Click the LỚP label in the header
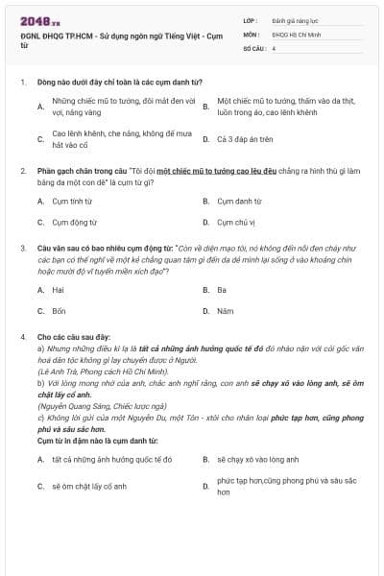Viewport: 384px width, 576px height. pos(251,19)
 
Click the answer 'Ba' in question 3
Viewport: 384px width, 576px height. pos(221,289)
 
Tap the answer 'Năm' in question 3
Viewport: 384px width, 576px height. pos(225,310)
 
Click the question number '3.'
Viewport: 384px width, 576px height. pos(22,247)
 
